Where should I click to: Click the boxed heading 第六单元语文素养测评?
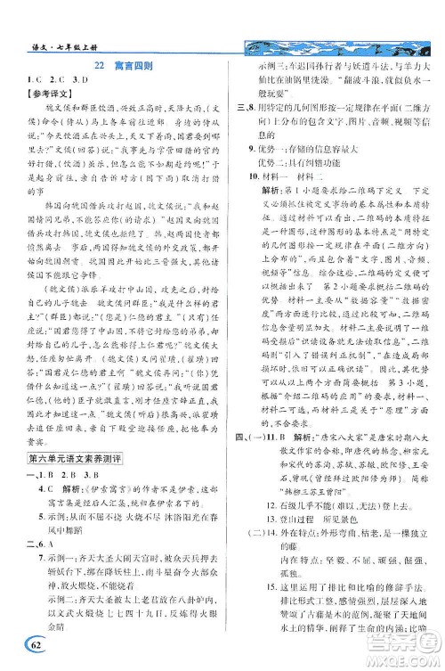coord(69,406)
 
